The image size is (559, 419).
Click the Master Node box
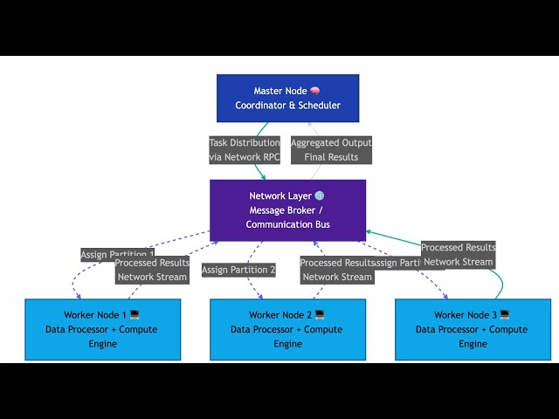[x=287, y=98]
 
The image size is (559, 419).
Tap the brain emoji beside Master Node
[x=315, y=91]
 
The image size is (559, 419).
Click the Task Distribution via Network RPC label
[x=245, y=150]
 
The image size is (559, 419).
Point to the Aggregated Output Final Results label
[x=331, y=150]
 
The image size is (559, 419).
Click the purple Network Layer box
[x=287, y=210]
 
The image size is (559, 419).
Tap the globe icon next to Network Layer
[x=320, y=196]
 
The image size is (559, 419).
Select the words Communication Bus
[x=287, y=224]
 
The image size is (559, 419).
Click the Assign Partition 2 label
[x=238, y=270]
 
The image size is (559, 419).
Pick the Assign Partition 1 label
[x=115, y=254]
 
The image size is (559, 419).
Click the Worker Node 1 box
[x=102, y=329]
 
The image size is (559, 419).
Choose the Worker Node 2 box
[x=287, y=329]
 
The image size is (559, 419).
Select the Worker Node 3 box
[x=473, y=329]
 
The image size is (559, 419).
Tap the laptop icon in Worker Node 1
[x=135, y=314]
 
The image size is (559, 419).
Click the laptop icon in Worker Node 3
[x=505, y=314]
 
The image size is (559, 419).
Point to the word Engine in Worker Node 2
[x=287, y=344]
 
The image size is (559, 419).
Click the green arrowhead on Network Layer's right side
[x=369, y=231]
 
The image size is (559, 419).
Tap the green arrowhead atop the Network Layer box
[x=264, y=177]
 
